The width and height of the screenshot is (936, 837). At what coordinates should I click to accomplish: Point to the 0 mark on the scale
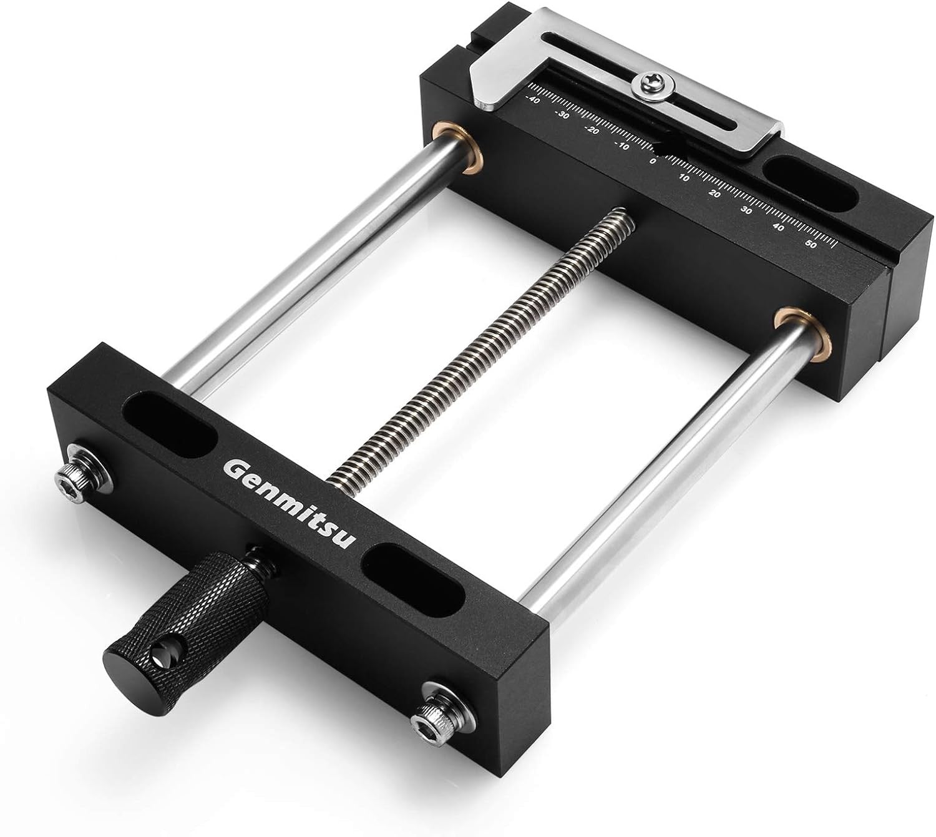653,161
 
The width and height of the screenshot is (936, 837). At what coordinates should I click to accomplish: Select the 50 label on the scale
811,245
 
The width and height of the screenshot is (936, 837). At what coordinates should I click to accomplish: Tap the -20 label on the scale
592,130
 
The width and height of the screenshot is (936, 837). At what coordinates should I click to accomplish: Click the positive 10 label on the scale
684,178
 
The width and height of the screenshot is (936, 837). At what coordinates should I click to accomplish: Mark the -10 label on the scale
622,146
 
